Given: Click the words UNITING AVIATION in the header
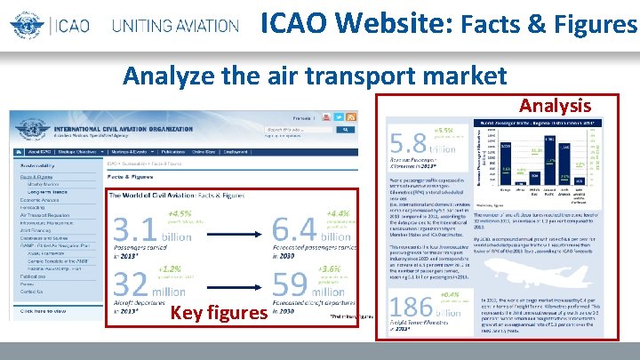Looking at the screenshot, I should tap(174, 25).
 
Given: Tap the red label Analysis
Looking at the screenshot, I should tap(555, 106).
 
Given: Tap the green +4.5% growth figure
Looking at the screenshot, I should tap(180, 213).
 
